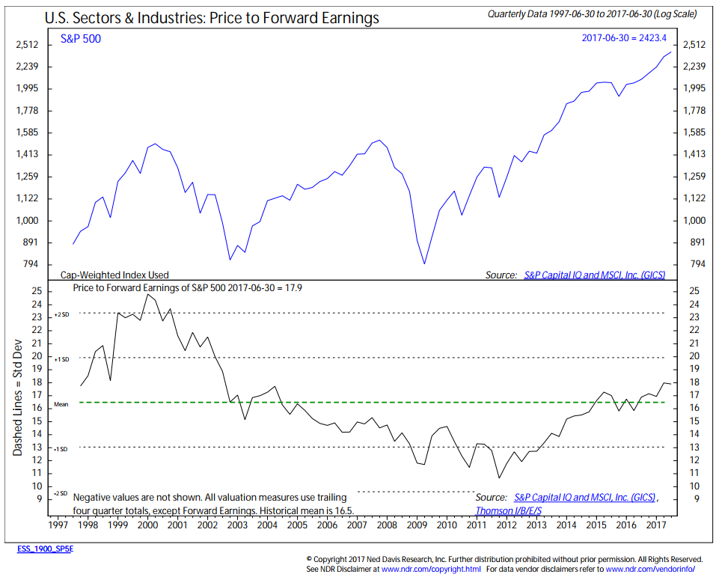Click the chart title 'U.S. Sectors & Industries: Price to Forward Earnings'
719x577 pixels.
pyautogui.click(x=212, y=17)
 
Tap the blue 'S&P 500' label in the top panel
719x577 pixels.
pyautogui.click(x=81, y=39)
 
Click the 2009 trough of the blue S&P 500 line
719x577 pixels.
pyautogui.click(x=424, y=263)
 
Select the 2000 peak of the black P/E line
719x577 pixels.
pyautogui.click(x=147, y=294)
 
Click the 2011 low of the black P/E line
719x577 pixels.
pyautogui.click(x=499, y=477)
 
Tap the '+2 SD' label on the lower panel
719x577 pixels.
pyautogui.click(x=61, y=314)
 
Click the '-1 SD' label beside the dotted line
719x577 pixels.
pyautogui.click(x=61, y=448)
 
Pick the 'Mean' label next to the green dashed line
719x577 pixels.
pyautogui.click(x=61, y=404)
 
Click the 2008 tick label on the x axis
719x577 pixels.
pyautogui.click(x=387, y=525)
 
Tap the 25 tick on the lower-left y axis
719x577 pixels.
pyautogui.click(x=36, y=291)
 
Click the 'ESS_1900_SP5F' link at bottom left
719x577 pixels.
pyautogui.click(x=46, y=549)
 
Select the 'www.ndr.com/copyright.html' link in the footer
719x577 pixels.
pyautogui.click(x=431, y=569)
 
